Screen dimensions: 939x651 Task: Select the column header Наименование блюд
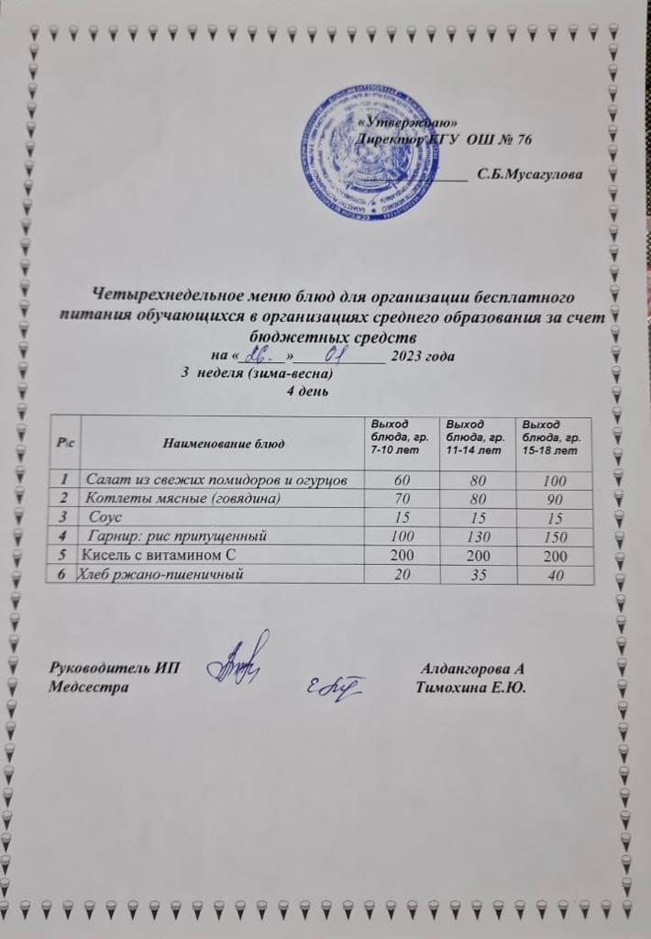pyautogui.click(x=224, y=444)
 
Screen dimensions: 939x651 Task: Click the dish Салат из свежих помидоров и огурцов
pyautogui.click(x=216, y=481)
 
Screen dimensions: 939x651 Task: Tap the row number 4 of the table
pyautogui.click(x=62, y=536)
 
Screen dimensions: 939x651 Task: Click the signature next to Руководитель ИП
pyautogui.click(x=240, y=657)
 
